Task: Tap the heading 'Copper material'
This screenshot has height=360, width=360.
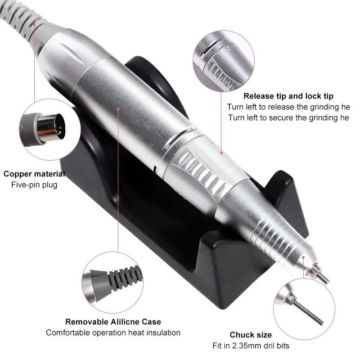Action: tap(34, 174)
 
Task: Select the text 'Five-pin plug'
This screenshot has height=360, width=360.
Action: tap(34, 184)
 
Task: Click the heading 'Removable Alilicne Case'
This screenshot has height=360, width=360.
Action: tap(113, 322)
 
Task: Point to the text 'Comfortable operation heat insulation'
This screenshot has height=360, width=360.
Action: tap(113, 333)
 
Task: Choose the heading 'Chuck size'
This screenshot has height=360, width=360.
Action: tap(251, 335)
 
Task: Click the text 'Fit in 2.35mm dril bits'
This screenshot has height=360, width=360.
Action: tap(251, 346)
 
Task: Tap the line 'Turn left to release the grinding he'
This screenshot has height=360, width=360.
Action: tap(288, 107)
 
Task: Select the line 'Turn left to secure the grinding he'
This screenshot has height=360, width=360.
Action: tap(288, 117)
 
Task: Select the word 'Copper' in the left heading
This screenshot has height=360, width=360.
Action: tap(17, 174)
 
